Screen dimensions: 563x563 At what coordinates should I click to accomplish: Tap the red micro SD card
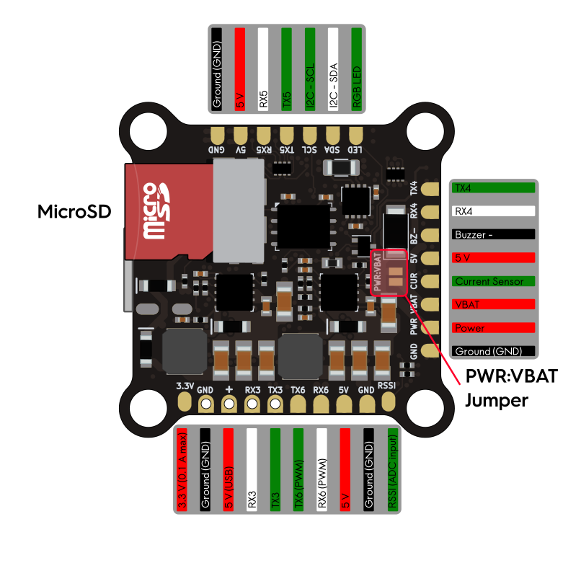click(x=169, y=211)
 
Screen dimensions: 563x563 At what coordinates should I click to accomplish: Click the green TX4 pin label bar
click(x=493, y=188)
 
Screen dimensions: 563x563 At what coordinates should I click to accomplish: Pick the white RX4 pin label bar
click(x=493, y=212)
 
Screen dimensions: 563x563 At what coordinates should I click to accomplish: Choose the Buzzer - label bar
click(x=493, y=235)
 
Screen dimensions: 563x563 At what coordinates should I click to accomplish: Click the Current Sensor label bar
click(x=493, y=281)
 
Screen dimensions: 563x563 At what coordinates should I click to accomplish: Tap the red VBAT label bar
click(x=493, y=304)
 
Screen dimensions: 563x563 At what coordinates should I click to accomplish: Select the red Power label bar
click(x=493, y=328)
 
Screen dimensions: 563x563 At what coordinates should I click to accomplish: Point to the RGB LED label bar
click(x=356, y=69)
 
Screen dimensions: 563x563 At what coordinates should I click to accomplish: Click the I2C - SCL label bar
click(x=310, y=69)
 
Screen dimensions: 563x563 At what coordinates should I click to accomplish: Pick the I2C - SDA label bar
click(x=333, y=69)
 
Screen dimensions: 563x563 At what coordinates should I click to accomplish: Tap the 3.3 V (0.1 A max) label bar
click(x=182, y=470)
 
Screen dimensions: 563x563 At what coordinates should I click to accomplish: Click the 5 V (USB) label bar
click(x=229, y=470)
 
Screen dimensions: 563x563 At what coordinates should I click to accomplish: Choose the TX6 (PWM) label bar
click(x=298, y=470)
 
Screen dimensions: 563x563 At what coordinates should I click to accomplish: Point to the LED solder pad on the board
click(x=355, y=135)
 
